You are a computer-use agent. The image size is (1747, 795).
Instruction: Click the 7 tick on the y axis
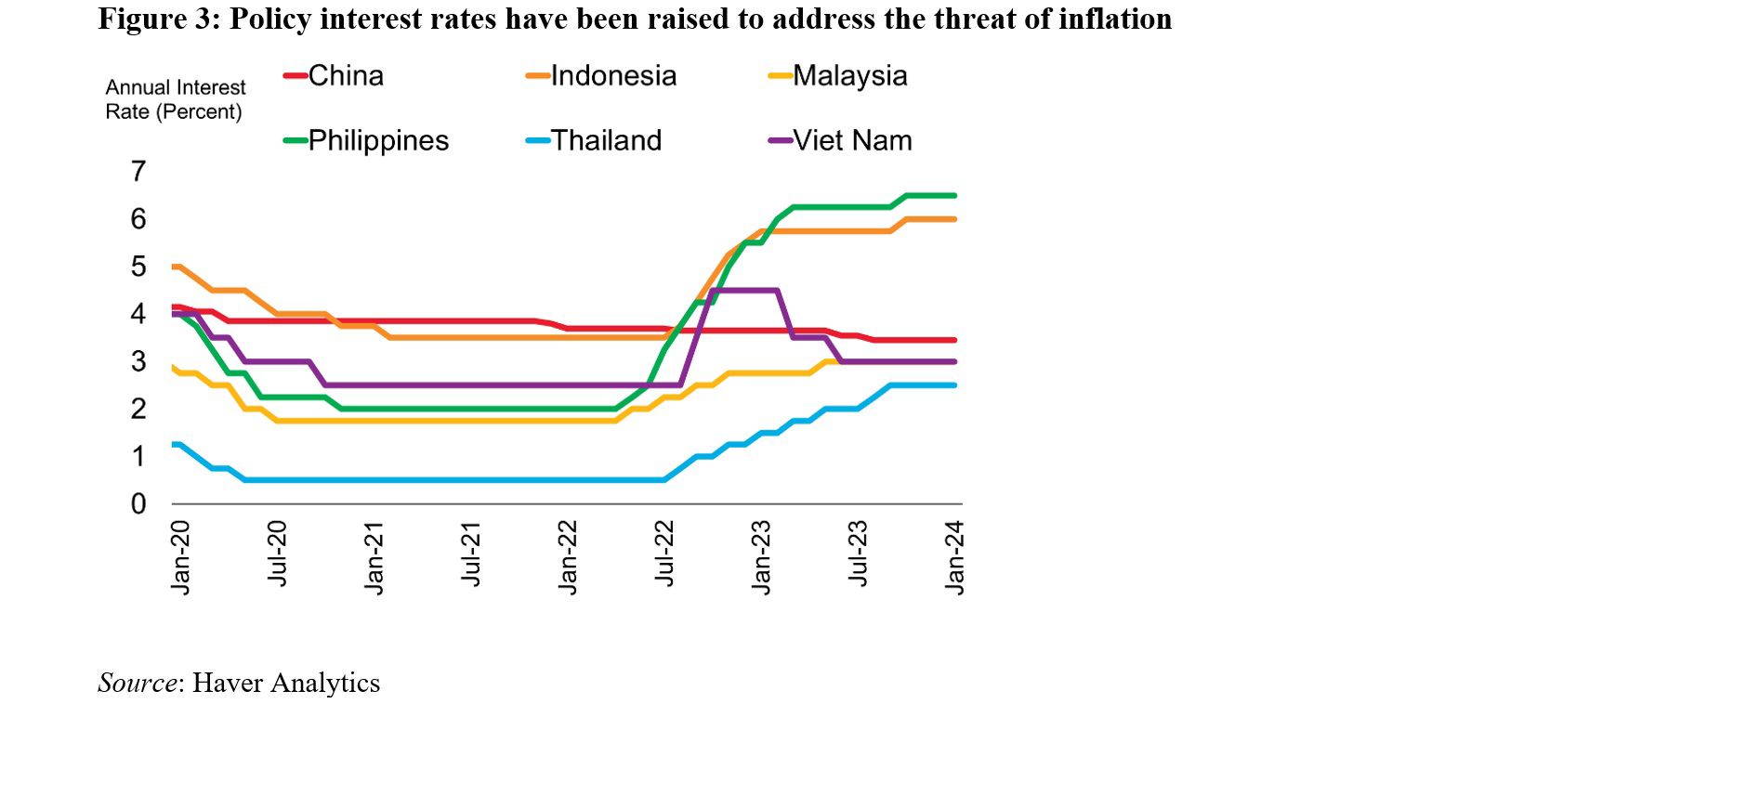(x=138, y=172)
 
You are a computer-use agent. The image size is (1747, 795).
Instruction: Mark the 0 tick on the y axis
(x=138, y=504)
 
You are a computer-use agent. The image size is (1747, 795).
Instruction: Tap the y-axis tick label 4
(x=138, y=314)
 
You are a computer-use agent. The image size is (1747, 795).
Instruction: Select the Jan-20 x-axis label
(x=180, y=557)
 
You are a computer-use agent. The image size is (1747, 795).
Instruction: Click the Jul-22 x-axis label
(x=664, y=554)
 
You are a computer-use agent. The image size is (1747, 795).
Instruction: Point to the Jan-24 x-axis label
(x=954, y=557)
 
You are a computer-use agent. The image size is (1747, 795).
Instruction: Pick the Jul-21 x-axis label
(x=471, y=554)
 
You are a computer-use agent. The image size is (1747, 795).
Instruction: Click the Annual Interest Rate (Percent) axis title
(x=175, y=99)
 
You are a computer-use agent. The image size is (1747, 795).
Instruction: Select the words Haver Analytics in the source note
(x=286, y=684)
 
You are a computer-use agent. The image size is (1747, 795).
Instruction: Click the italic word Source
(x=137, y=684)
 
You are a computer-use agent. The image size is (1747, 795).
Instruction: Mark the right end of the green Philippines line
(x=954, y=195)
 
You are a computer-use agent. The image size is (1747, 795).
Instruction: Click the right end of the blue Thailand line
(x=954, y=385)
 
